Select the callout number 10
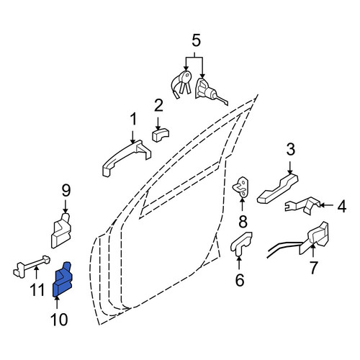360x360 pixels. pos(59,320)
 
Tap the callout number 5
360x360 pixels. pos(196,40)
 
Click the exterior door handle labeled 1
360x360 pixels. pos(126,158)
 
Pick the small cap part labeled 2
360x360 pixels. pos(161,135)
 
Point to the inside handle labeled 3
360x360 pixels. pos(278,189)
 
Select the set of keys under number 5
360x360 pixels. pos(181,85)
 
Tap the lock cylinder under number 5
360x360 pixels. pos(210,92)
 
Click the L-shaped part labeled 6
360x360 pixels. pos(240,243)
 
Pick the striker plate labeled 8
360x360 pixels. pos(241,187)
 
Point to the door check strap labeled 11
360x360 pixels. pos(31,266)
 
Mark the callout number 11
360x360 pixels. pos(37,290)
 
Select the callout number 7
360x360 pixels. pos(313,268)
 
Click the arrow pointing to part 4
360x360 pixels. pos(326,205)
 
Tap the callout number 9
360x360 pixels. pos(66,190)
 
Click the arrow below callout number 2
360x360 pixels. pos(158,124)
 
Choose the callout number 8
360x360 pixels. pos(243,221)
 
